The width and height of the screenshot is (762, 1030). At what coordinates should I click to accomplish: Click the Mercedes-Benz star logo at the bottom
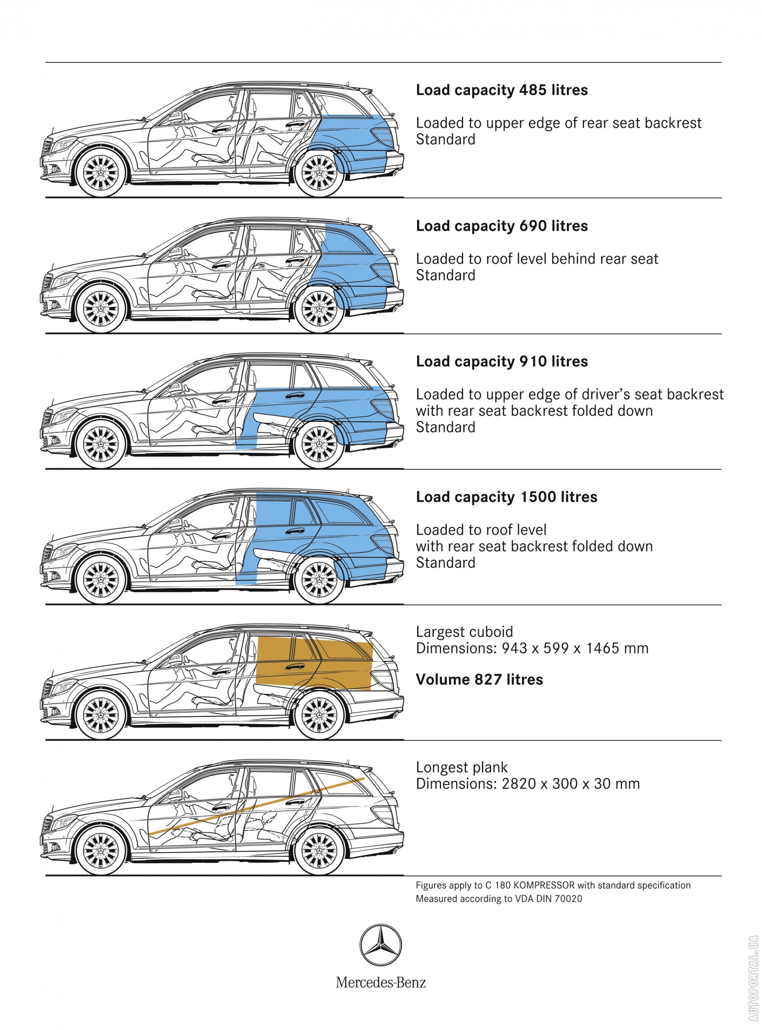coord(380,945)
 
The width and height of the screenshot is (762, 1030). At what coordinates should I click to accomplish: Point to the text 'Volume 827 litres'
coord(479,679)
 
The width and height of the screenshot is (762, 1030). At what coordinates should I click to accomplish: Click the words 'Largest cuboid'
coord(464,632)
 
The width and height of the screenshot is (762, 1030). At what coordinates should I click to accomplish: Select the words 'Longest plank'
coord(461,767)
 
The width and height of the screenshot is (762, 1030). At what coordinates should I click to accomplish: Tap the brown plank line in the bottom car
coord(257,806)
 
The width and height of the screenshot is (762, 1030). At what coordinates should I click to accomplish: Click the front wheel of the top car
coord(100,173)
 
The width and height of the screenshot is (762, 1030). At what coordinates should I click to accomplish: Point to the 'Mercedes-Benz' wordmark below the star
coord(381,982)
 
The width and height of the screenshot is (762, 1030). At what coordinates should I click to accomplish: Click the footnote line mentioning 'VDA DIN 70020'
coord(499,899)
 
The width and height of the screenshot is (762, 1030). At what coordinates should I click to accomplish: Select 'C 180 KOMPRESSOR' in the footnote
coord(530,886)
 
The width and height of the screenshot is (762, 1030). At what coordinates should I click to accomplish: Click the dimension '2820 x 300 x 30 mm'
coord(571,784)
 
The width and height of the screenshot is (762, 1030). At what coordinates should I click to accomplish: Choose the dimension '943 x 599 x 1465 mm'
coord(575,648)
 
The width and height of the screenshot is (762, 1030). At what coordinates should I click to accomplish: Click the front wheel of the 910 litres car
coord(100,444)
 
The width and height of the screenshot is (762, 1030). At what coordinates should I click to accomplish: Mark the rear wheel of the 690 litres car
coord(319,308)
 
